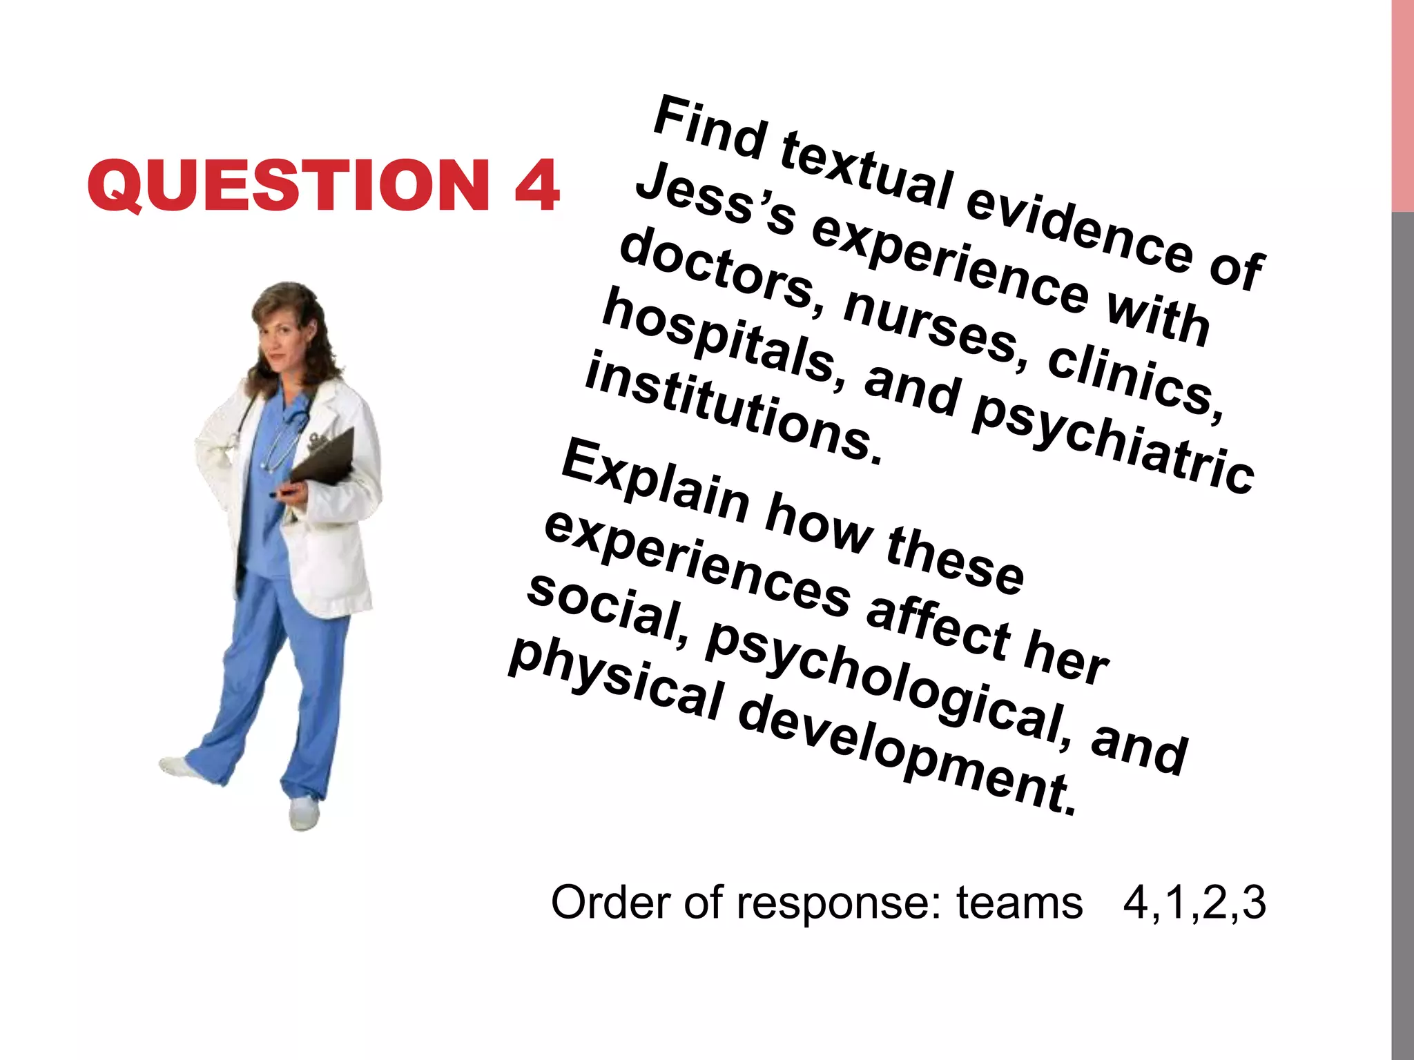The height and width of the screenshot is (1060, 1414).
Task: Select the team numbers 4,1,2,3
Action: [x=1194, y=902]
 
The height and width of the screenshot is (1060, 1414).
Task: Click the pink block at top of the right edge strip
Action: [x=1402, y=104]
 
